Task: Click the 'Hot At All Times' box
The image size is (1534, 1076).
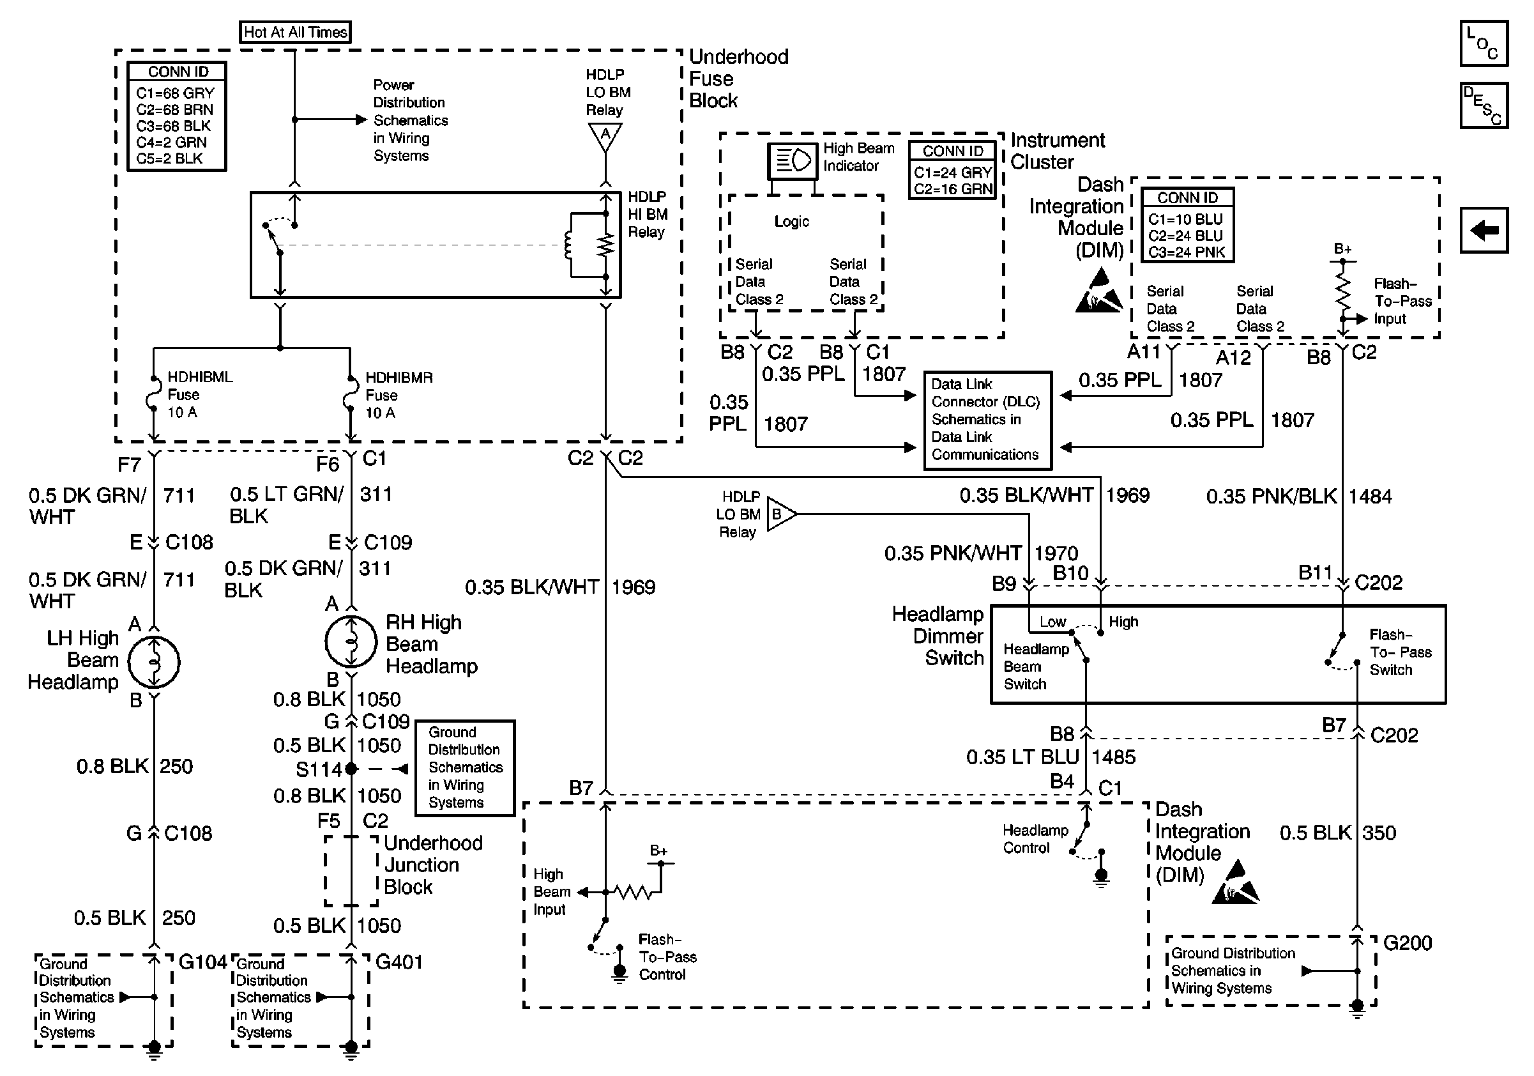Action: pyautogui.click(x=294, y=32)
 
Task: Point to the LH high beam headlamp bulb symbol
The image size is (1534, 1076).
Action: pyautogui.click(x=154, y=663)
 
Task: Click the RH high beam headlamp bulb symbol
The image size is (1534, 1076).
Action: pyautogui.click(x=351, y=642)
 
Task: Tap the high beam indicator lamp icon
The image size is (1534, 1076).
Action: pyautogui.click(x=793, y=160)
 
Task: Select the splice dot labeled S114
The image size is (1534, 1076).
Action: pyautogui.click(x=351, y=769)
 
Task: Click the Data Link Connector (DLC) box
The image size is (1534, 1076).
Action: pyautogui.click(x=987, y=420)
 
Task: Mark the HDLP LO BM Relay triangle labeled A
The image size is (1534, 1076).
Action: pyautogui.click(x=605, y=135)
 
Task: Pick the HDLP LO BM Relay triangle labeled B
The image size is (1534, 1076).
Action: pyautogui.click(x=780, y=514)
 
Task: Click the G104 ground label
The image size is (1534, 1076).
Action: pyautogui.click(x=202, y=962)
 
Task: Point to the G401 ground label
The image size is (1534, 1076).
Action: pyautogui.click(x=399, y=962)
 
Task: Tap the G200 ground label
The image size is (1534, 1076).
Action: pyautogui.click(x=1407, y=943)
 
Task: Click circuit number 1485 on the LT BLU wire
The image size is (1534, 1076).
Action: pyautogui.click(x=1113, y=757)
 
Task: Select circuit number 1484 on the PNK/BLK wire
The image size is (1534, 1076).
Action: pyautogui.click(x=1370, y=496)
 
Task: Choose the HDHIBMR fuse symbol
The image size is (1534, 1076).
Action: pyautogui.click(x=350, y=394)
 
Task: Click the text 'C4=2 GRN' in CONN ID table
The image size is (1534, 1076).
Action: pyautogui.click(x=172, y=142)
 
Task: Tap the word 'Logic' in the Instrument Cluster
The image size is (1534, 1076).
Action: pyautogui.click(x=791, y=221)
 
